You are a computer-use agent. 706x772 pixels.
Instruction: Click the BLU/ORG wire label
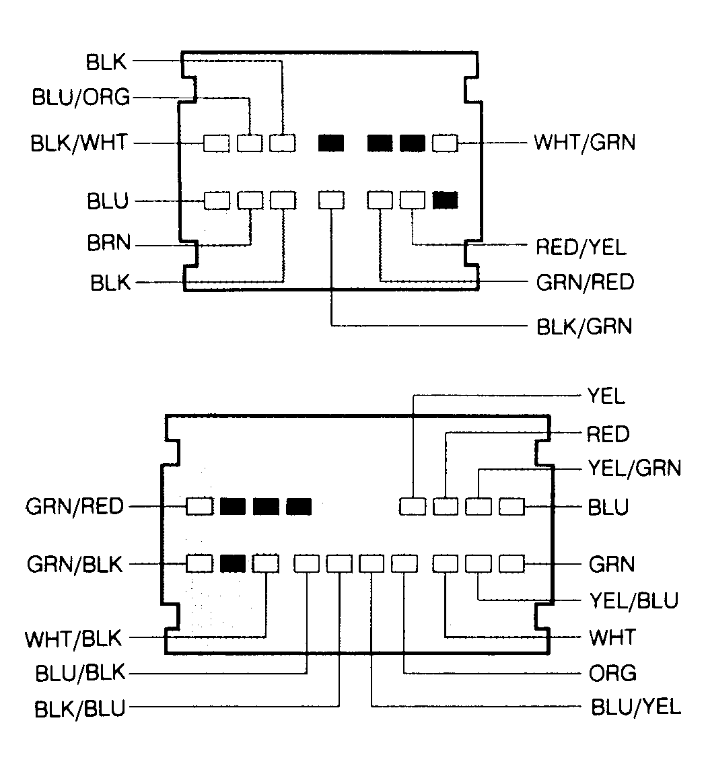(81, 98)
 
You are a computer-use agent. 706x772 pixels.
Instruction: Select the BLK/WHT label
(78, 143)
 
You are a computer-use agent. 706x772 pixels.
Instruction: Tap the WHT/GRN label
(584, 143)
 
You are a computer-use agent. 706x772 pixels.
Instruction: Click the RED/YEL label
(581, 247)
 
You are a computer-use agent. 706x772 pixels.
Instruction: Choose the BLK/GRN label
(584, 327)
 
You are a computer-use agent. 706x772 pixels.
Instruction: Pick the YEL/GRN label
(634, 467)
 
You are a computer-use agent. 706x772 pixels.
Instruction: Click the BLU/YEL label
(635, 707)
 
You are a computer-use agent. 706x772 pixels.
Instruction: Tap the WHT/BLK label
(74, 638)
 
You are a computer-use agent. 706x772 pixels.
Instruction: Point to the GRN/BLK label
(75, 563)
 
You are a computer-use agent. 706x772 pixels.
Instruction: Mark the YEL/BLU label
(633, 600)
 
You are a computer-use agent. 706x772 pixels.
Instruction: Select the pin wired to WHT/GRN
(445, 143)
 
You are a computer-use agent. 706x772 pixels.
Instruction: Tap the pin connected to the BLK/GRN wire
(331, 200)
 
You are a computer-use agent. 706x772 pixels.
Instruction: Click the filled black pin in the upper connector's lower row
(445, 200)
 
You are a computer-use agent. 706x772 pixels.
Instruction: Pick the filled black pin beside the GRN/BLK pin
(232, 563)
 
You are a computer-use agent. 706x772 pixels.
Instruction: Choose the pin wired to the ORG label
(404, 563)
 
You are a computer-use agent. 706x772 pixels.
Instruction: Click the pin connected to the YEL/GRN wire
(479, 506)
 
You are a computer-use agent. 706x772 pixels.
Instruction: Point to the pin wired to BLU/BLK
(307, 563)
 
